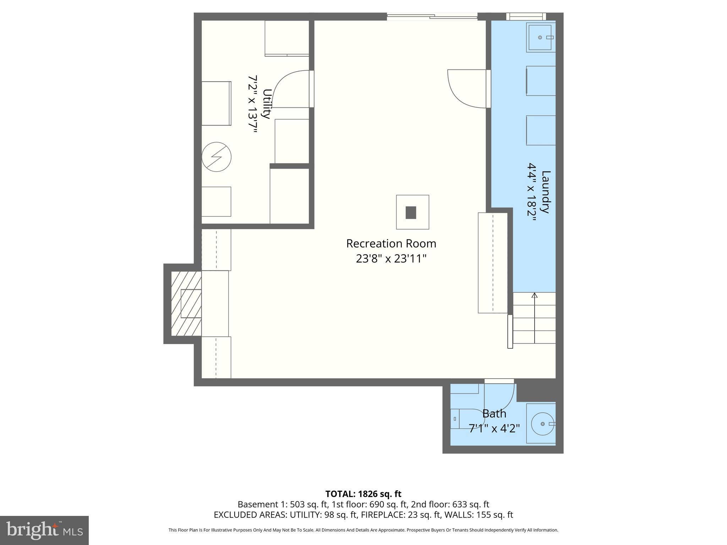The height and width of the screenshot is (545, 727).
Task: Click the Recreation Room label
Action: [x=391, y=244]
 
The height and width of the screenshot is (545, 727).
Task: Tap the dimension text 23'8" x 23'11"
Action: [x=391, y=259]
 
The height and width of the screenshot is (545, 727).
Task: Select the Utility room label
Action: [x=267, y=104]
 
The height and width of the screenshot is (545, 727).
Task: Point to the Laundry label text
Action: [x=546, y=192]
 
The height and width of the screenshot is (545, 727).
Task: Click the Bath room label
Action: [x=494, y=414]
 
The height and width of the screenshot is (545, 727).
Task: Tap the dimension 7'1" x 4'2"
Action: [x=494, y=429]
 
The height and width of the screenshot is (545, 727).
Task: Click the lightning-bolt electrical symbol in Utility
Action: [x=217, y=157]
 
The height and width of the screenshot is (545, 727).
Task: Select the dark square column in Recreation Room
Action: [x=411, y=213]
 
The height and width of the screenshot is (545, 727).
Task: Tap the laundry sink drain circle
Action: [x=540, y=38]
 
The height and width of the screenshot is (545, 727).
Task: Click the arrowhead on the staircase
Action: [x=535, y=295]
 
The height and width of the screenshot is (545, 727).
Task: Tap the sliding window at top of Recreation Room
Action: [x=432, y=16]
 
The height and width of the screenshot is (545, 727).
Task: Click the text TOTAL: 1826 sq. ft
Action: [x=363, y=494]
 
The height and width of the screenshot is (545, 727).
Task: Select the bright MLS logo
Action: [x=44, y=530]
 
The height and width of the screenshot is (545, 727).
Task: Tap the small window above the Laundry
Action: [x=526, y=16]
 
